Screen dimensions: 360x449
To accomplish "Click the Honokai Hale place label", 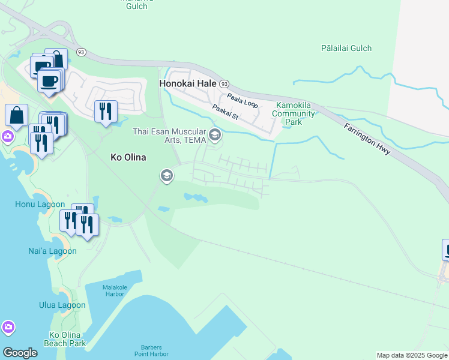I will click(x=188, y=84).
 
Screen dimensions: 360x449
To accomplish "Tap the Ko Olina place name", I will click(x=129, y=157).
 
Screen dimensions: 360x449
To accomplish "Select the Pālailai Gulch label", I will click(x=346, y=48).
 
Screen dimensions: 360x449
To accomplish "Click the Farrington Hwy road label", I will click(x=367, y=139).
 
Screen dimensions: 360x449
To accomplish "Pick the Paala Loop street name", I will click(x=242, y=100).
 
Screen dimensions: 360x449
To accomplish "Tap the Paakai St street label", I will click(x=225, y=112).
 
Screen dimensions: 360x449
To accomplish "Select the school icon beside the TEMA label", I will click(x=215, y=136).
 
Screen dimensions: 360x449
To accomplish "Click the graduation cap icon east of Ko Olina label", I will click(x=166, y=176).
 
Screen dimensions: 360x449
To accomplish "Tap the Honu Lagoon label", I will click(x=40, y=205).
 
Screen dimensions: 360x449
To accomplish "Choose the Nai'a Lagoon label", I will click(x=52, y=251).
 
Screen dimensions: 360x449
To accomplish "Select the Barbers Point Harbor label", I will click(x=161, y=350).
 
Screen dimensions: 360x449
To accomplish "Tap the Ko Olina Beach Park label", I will click(x=64, y=339).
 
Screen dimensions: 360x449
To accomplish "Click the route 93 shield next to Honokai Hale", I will click(x=224, y=84).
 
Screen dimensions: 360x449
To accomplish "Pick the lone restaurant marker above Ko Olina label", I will click(x=106, y=111).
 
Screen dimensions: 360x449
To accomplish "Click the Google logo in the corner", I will click(x=20, y=353).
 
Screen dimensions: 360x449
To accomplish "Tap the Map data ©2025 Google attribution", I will click(x=412, y=355).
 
